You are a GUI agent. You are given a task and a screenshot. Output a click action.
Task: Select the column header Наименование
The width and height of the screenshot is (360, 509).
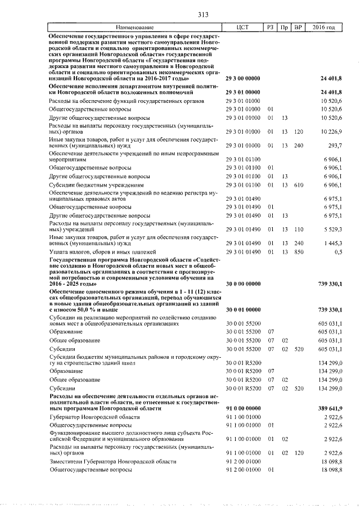click(x=134, y=28)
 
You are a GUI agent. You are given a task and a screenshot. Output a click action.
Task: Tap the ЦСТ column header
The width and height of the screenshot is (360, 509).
click(x=243, y=28)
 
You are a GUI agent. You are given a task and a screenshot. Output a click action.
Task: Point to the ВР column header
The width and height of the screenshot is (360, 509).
click(x=299, y=28)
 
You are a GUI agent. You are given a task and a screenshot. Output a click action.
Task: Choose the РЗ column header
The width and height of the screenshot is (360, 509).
click(x=271, y=28)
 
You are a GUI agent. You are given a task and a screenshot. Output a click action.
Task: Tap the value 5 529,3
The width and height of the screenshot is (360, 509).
click(x=332, y=229)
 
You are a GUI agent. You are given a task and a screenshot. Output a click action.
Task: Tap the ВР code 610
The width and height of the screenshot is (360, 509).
click(x=298, y=184)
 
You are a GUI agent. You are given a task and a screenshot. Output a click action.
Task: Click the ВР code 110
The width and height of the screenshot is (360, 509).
click(x=298, y=229)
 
